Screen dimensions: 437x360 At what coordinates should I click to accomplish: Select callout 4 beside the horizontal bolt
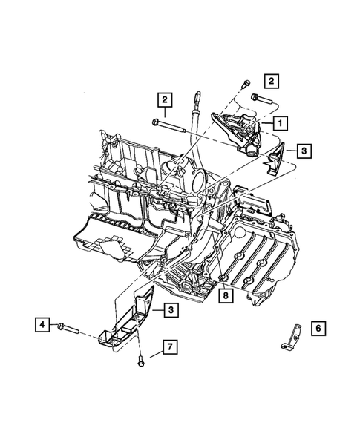[x=42, y=324]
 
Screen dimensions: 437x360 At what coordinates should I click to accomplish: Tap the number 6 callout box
[x=318, y=327]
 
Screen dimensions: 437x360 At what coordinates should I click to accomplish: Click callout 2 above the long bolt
[x=163, y=99]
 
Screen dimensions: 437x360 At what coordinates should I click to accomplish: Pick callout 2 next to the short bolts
[x=272, y=80]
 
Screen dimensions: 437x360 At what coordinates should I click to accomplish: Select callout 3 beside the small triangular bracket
[x=304, y=151]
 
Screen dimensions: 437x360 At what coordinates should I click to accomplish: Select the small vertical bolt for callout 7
[x=140, y=362]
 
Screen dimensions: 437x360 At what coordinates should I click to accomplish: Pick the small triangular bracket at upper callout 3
[x=277, y=159]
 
